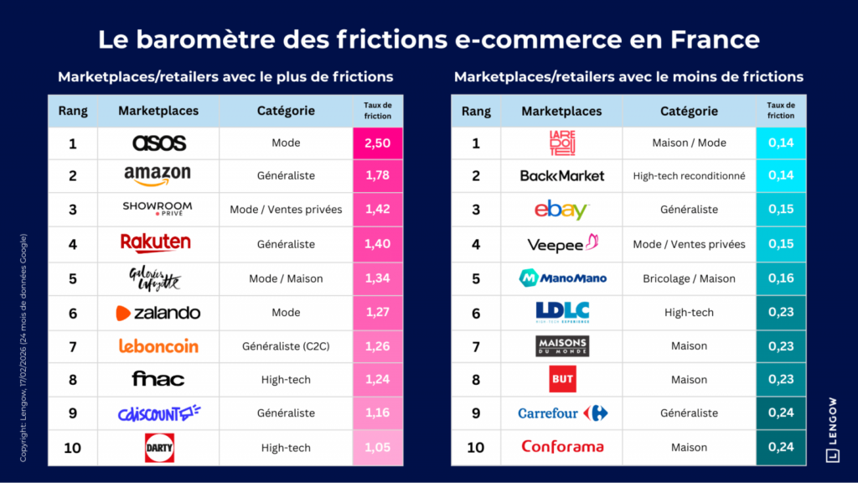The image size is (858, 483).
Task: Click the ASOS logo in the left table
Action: pyautogui.click(x=159, y=143)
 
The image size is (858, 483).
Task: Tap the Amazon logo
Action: pyautogui.click(x=158, y=176)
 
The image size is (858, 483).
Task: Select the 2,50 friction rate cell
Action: pyautogui.click(x=377, y=143)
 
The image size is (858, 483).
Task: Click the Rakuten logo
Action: pyautogui.click(x=156, y=243)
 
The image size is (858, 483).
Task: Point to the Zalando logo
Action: pyautogui.click(x=158, y=313)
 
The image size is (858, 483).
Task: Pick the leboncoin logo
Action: pyautogui.click(x=158, y=345)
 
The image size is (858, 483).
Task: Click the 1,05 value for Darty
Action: pyautogui.click(x=377, y=448)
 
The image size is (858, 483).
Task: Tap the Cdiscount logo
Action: pyautogui.click(x=158, y=413)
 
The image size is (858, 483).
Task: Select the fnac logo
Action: pyautogui.click(x=158, y=379)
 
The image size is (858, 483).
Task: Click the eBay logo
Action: pyautogui.click(x=561, y=210)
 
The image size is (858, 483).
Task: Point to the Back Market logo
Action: pyautogui.click(x=561, y=176)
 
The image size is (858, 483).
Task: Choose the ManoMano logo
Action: pyautogui.click(x=562, y=278)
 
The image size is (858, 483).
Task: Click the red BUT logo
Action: pyautogui.click(x=562, y=379)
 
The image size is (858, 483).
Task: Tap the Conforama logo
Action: pyautogui.click(x=562, y=447)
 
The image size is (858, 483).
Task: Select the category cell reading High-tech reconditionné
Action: pyautogui.click(x=689, y=176)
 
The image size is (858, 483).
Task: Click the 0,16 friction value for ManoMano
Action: pyautogui.click(x=781, y=278)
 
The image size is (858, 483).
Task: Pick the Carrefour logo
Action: pyautogui.click(x=562, y=413)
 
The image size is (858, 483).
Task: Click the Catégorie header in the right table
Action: pyautogui.click(x=689, y=111)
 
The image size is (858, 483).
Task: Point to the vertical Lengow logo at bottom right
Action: pyautogui.click(x=832, y=429)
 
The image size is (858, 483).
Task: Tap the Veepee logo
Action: pyautogui.click(x=562, y=244)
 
